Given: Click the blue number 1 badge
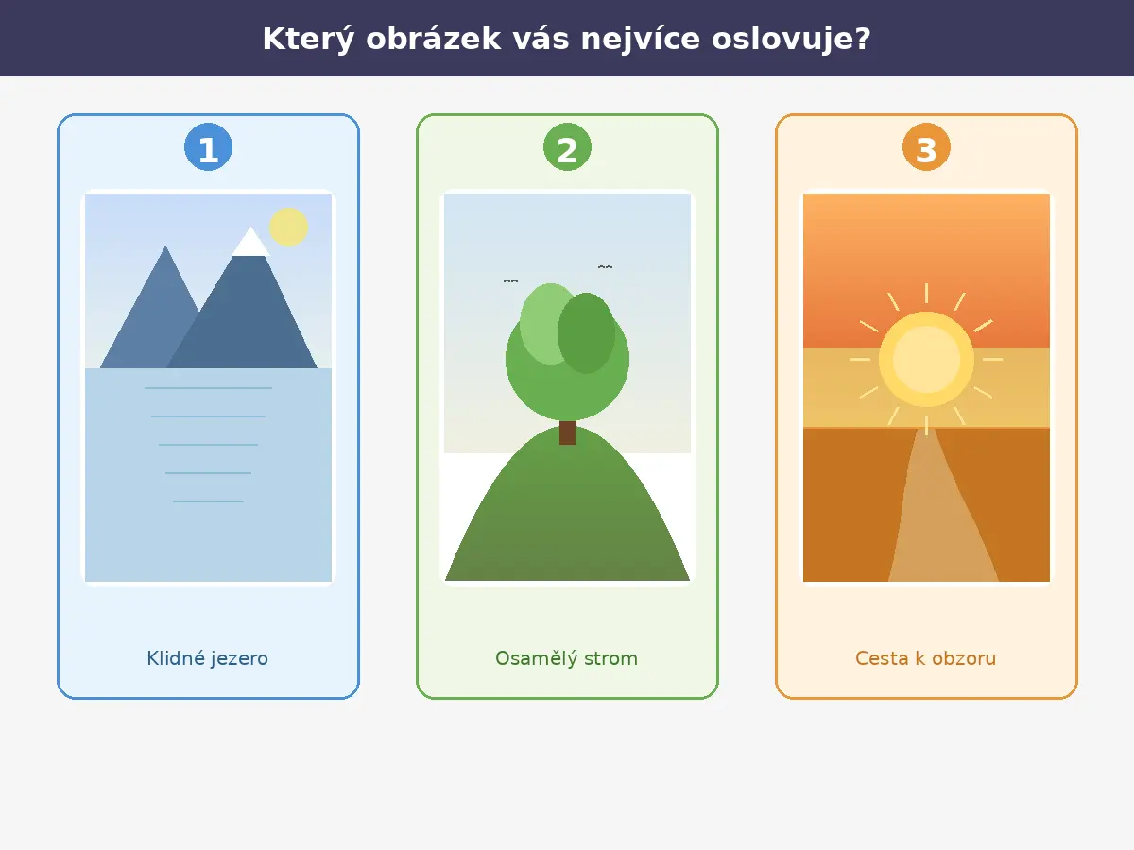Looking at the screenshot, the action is [208, 147].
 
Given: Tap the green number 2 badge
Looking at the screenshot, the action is [567, 147].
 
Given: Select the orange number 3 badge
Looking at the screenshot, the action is [926, 147].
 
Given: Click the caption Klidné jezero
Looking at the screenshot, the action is [208, 658].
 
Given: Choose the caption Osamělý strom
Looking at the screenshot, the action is [567, 658].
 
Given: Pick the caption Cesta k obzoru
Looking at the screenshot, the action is [926, 658].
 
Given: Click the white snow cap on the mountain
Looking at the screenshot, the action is [251, 243].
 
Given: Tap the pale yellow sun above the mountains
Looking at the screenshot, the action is [289, 227].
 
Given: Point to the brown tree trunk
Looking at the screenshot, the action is [567, 433].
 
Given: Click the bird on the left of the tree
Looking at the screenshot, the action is [510, 281].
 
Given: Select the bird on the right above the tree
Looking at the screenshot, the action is [605, 267].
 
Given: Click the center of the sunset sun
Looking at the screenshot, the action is [926, 359].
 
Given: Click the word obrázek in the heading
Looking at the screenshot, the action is [434, 40].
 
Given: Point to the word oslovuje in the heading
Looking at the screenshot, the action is [792, 40].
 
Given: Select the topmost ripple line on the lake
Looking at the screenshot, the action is [208, 388].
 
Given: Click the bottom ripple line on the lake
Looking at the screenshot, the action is [208, 501].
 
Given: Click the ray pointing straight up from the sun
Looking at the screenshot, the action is [926, 293].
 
